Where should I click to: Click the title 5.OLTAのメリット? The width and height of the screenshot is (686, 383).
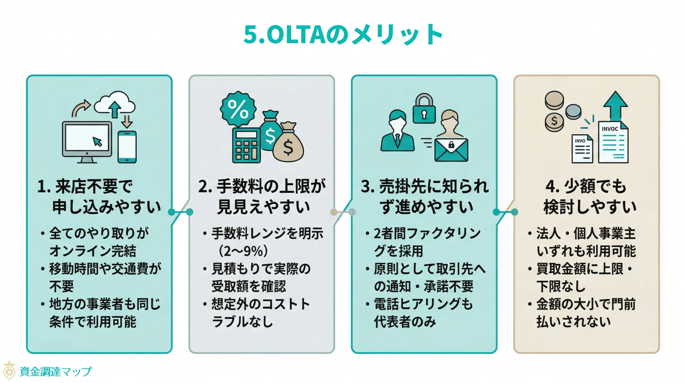(343, 34)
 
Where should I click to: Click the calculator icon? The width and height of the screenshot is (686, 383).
(246, 145)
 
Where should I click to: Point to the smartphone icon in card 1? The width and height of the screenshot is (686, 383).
(127, 147)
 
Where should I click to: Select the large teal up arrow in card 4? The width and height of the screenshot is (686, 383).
(615, 106)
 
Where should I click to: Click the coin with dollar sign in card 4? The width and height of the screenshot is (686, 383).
(554, 122)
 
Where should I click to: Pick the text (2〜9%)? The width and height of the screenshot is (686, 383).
(243, 251)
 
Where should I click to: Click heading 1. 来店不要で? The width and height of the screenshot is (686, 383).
(85, 186)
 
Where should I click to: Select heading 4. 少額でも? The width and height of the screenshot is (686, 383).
(586, 186)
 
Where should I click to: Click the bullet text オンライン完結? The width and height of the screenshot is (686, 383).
(93, 251)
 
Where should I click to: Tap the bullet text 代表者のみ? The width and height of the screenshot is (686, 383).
(405, 321)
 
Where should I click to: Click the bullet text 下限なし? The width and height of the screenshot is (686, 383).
(561, 286)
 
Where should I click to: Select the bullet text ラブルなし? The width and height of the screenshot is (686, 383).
(242, 321)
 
